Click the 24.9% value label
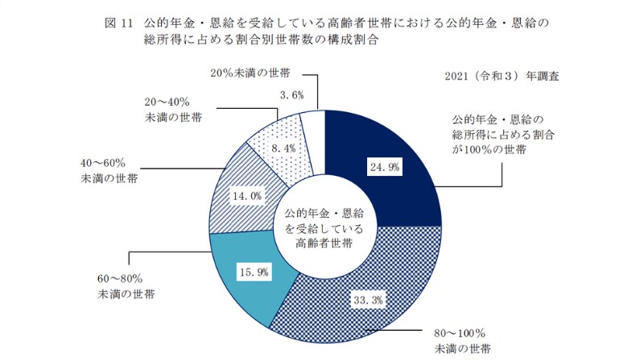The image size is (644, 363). pyautogui.click(x=383, y=168)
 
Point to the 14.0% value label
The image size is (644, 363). pyautogui.click(x=246, y=195)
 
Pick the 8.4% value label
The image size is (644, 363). pyautogui.click(x=284, y=148)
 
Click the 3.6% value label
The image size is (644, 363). pyautogui.click(x=291, y=94)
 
